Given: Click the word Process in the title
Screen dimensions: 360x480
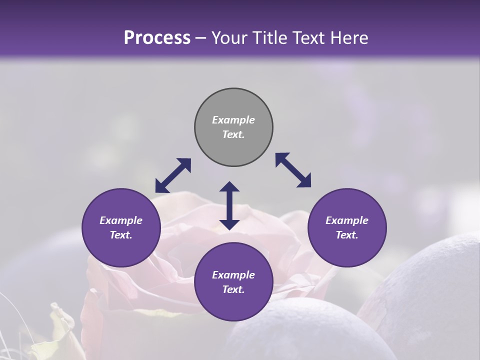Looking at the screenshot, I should point(157,38).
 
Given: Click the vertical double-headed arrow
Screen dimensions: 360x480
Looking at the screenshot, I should point(229,206).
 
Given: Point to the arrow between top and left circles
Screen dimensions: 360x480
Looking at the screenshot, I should point(173,175).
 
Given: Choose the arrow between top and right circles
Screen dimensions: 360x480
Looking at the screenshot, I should point(293,170).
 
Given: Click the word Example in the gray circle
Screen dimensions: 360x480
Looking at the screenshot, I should point(233,120).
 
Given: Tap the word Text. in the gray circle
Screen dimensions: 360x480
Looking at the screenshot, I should point(233,134).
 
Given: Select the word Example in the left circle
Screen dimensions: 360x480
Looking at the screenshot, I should point(121,220).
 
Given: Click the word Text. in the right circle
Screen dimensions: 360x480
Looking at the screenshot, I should point(347,235).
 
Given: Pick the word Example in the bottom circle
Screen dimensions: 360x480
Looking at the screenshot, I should point(233,275).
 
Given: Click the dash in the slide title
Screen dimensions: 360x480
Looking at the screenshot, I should point(201,38).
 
